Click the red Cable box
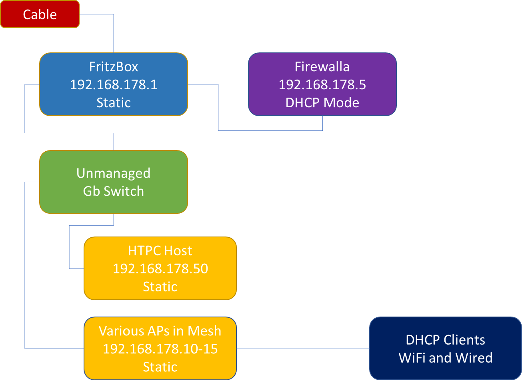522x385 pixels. pos(40,14)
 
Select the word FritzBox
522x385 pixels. pos(114,66)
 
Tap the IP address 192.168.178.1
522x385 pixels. pos(114,84)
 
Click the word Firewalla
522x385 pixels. pos(322,66)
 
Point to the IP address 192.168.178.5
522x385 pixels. pos(322,84)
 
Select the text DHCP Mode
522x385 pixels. pos(322,102)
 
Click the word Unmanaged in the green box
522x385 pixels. pos(114,173)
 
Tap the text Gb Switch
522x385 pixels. pos(114,191)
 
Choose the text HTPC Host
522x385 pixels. pos(160,251)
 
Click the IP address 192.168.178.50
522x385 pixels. pos(160,269)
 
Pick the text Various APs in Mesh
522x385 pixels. pos(160,331)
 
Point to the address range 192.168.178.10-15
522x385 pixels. pos(160,349)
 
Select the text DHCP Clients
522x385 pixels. pos(445,340)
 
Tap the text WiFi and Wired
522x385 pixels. pos(445,357)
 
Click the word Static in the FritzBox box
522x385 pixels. pos(114,102)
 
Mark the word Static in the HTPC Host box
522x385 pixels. pos(160,287)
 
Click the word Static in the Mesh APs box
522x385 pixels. pos(160,367)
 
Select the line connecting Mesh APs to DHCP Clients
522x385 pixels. pos(303,349)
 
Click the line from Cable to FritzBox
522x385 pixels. pos(114,32)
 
